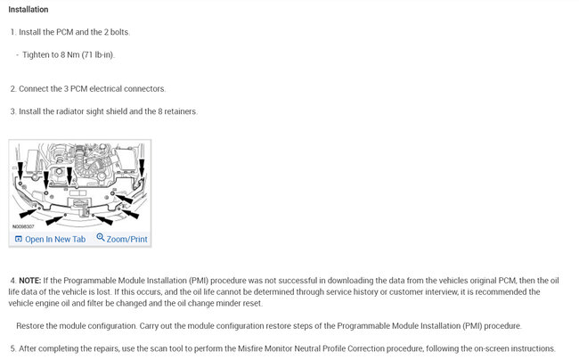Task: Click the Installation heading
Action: click(x=29, y=10)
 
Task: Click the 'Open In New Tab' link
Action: click(x=55, y=239)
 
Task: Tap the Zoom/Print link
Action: click(x=127, y=239)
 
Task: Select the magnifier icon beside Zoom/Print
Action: click(x=101, y=238)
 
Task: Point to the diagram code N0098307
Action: click(x=27, y=227)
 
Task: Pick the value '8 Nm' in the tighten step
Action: click(x=71, y=55)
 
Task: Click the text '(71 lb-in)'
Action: click(x=99, y=55)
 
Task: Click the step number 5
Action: click(x=12, y=348)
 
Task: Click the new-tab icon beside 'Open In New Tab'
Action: click(x=18, y=239)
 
